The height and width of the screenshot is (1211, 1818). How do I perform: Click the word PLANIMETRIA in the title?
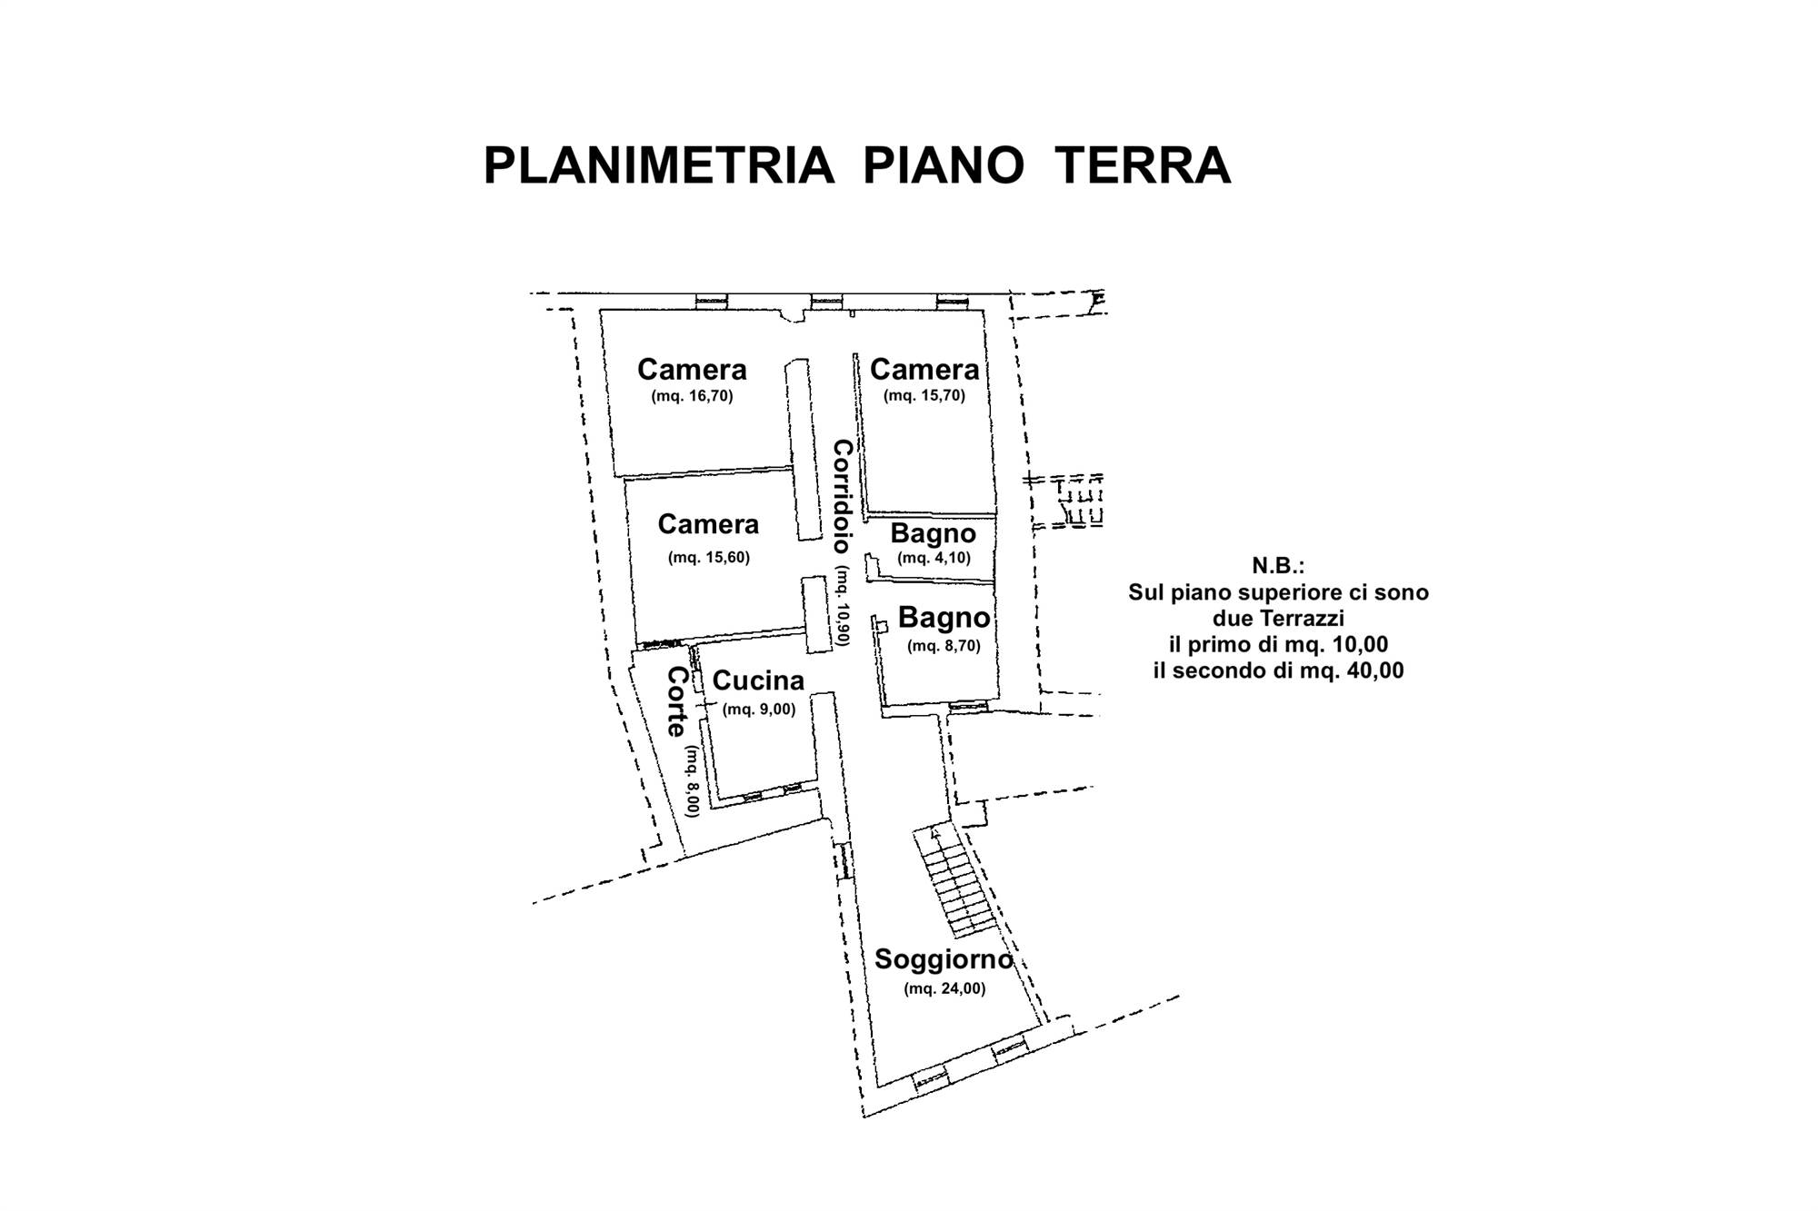point(659,165)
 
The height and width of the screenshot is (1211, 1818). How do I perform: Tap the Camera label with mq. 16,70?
point(692,369)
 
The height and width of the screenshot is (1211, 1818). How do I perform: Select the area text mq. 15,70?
point(924,396)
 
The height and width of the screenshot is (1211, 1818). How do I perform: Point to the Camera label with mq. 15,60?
point(708,524)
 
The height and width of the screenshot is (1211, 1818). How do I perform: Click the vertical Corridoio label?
point(843,496)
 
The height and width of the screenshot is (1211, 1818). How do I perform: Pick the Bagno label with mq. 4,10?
point(934,533)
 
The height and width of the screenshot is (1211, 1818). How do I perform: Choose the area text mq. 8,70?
point(944,646)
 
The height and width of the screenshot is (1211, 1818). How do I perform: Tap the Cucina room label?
point(758,680)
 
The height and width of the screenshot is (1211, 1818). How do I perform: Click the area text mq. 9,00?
point(759,710)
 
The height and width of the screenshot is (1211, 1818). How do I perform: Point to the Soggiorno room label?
point(944,959)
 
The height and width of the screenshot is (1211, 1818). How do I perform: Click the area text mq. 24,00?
point(944,988)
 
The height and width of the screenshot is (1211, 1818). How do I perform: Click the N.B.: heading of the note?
point(1278,566)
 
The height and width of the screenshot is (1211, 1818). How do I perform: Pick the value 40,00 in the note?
point(1370,671)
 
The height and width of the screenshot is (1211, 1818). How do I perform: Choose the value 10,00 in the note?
point(1354,645)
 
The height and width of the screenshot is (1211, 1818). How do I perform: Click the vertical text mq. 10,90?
point(844,606)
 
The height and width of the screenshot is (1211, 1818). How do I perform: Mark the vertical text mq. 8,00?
point(692,781)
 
